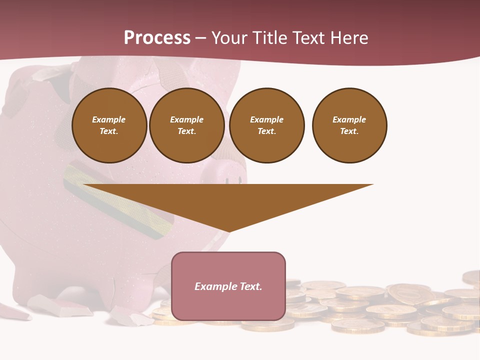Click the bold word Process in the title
pos(157,38)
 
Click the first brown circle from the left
pos(109,125)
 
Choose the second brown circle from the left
pos(187,125)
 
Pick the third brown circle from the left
pos(266,125)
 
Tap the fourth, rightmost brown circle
pos(349,125)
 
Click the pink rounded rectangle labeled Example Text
pos(228,286)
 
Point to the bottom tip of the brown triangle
pos(228,231)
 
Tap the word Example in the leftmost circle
pos(109,120)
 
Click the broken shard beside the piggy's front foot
pos(60,306)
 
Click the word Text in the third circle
pos(266,131)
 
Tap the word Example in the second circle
pos(187,120)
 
